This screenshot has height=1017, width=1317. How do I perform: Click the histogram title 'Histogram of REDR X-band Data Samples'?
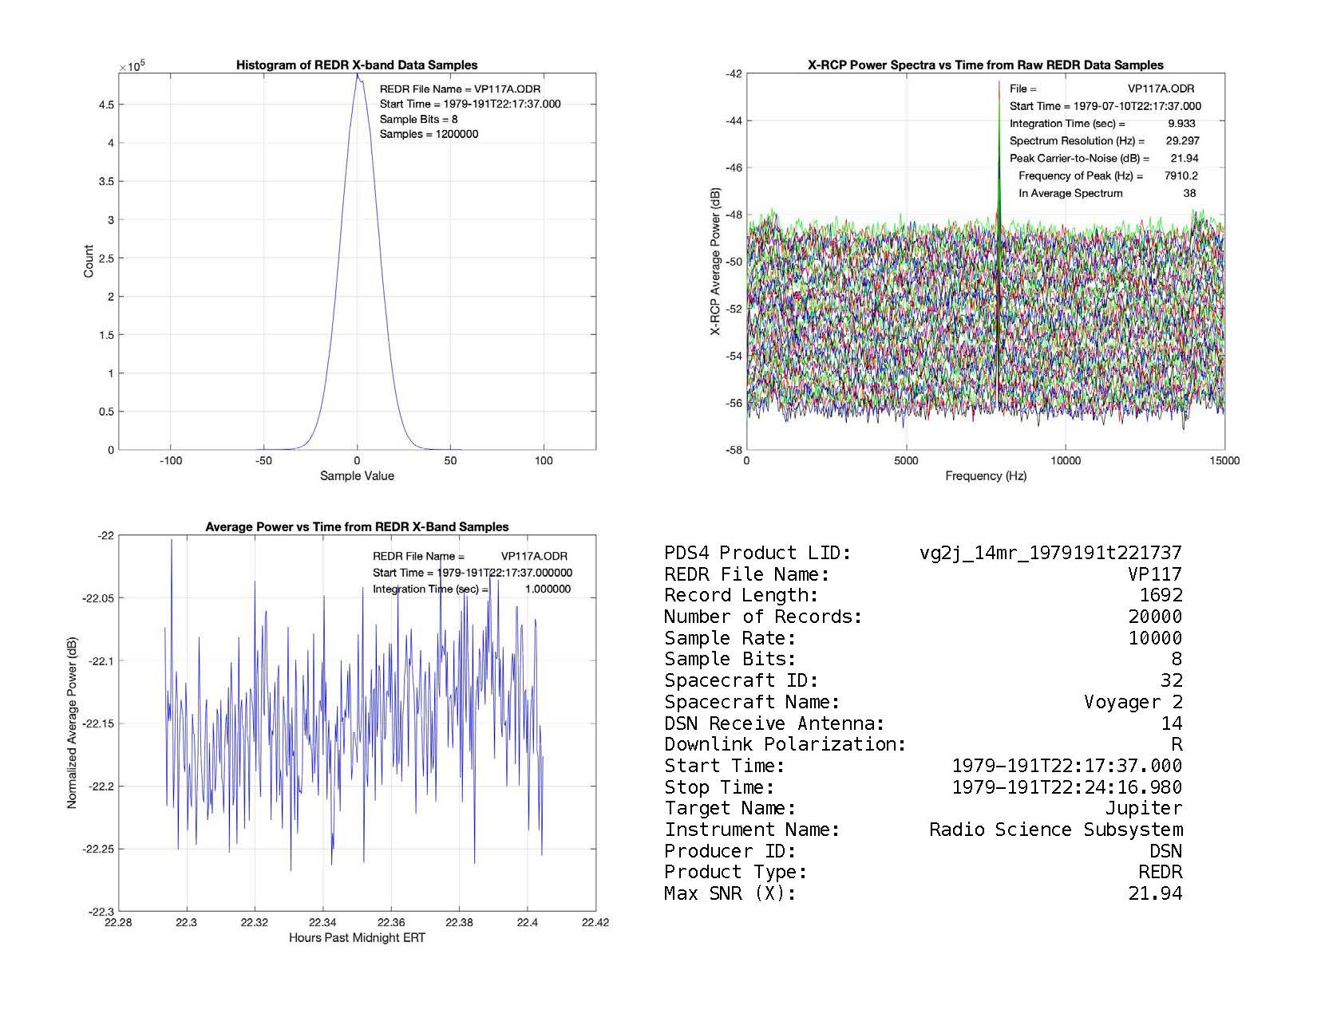pos(357,65)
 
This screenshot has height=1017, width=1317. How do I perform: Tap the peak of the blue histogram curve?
pos(357,75)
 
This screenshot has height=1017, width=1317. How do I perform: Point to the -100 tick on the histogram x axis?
pos(171,461)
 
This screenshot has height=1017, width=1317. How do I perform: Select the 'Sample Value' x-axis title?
pos(357,476)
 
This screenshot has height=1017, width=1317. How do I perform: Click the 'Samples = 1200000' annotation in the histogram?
pos(429,134)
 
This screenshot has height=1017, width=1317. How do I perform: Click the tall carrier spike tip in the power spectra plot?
pos(999,82)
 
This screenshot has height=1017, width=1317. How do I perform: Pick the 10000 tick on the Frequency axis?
pos(1066,461)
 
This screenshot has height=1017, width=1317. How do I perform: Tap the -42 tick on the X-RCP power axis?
pos(733,74)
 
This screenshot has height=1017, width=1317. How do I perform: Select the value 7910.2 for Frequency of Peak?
pos(1181,175)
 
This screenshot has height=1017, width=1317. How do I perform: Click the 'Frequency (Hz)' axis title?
pos(986,476)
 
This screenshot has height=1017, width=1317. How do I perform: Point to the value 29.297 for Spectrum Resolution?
pos(1182,141)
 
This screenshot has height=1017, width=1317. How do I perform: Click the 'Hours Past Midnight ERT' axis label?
pos(357,938)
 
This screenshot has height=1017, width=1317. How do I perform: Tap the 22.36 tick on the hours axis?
pos(391,923)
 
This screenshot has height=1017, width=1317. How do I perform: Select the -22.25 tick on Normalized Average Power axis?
pos(97,849)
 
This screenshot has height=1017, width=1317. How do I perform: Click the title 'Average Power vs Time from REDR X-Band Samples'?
pos(357,527)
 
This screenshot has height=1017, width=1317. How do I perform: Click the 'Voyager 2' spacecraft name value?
pos(1133,703)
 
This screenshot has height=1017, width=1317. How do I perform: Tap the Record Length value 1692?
pos(1161,596)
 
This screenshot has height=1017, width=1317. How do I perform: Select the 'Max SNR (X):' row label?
pos(730,894)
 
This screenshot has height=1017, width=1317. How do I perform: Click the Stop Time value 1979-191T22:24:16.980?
pos(1066,788)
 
